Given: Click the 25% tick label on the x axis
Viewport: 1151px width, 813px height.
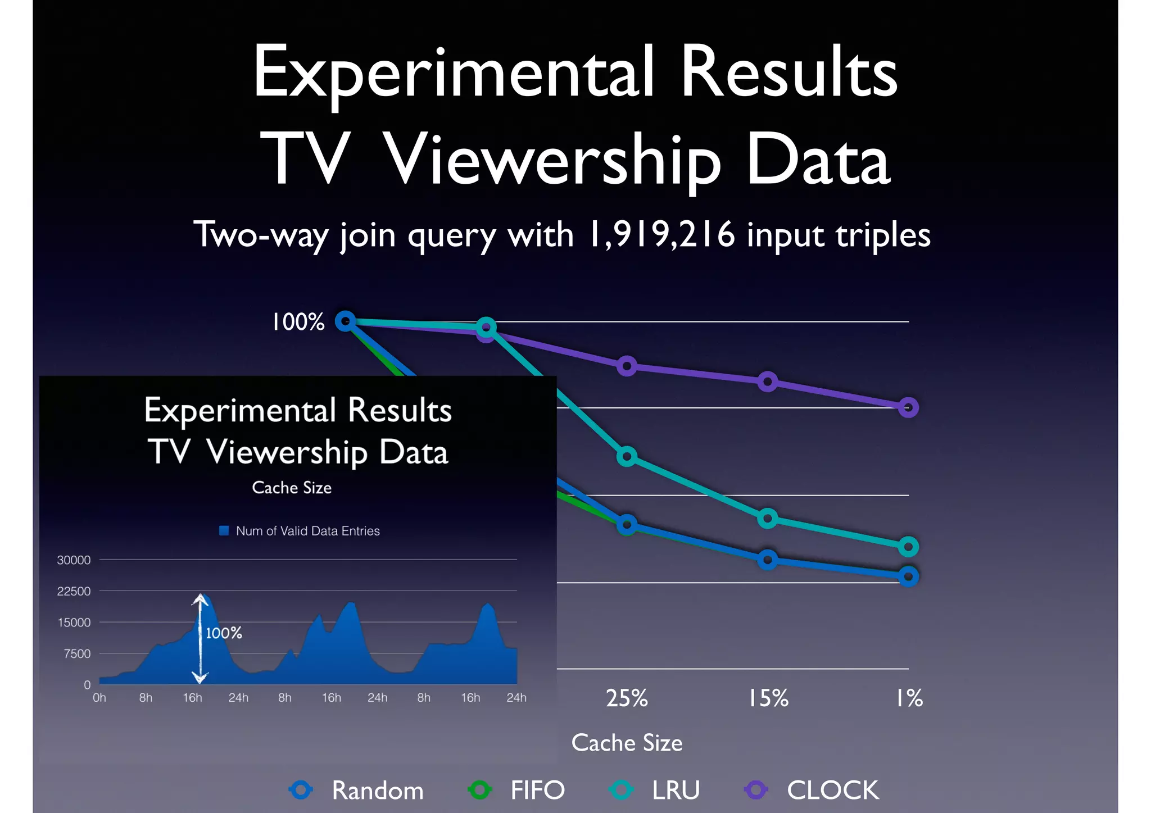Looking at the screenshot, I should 627,698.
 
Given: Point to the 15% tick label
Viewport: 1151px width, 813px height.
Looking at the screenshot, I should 768,698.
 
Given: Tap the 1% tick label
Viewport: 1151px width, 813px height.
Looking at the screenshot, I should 909,698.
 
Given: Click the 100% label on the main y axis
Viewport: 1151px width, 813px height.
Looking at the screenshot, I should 298,322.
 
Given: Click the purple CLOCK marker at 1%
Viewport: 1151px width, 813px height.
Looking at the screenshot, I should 908,407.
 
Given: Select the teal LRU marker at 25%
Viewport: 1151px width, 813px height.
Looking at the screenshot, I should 627,456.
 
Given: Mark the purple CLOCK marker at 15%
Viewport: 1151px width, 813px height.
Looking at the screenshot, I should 768,382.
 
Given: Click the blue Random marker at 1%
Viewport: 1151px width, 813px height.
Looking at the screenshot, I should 908,576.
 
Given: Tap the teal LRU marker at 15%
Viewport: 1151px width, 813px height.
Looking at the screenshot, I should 768,518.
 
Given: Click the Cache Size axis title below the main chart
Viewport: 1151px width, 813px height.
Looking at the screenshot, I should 627,743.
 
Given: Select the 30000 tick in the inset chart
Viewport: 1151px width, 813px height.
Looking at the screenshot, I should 74,560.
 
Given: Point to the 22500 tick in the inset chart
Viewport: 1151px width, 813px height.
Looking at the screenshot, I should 74,591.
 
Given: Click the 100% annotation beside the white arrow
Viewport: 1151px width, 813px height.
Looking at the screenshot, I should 224,633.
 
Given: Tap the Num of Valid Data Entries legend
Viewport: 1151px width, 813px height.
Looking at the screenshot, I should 307,531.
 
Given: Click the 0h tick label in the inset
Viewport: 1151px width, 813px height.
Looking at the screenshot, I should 99,698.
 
